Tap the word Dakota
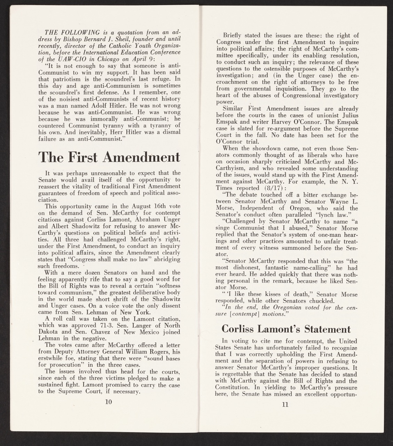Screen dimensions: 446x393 (48, 335)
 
